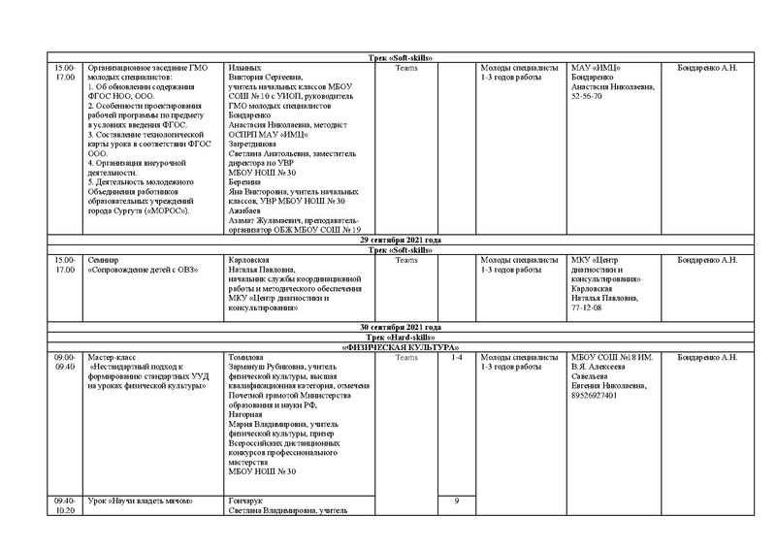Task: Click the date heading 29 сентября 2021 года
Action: [401, 240]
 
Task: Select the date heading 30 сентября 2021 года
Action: [401, 328]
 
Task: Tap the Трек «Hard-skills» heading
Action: [401, 338]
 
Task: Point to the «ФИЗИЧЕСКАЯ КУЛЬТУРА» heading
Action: [401, 347]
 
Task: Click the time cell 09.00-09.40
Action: [64, 363]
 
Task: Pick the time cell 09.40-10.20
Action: [64, 505]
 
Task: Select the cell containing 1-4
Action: [457, 358]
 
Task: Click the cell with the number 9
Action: [457, 501]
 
